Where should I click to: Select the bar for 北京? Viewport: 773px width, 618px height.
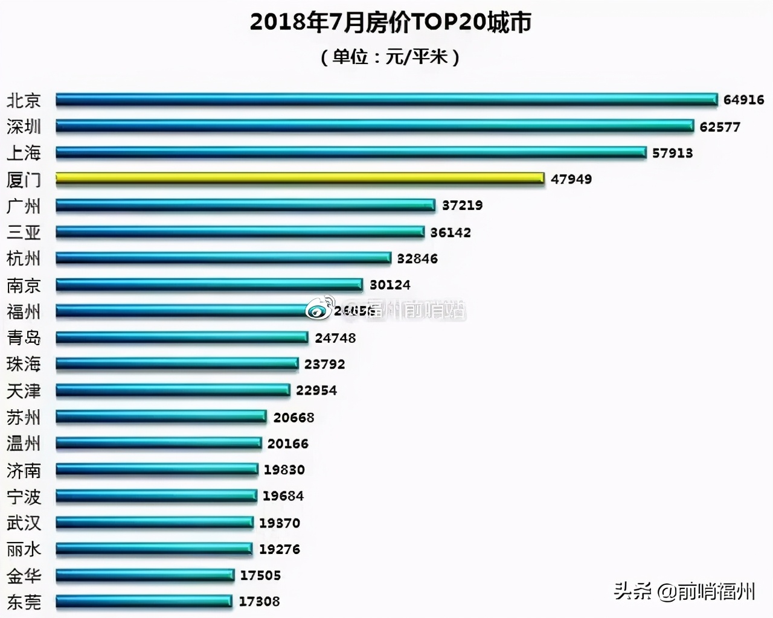tap(386, 100)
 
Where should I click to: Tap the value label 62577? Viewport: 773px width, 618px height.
tap(719, 127)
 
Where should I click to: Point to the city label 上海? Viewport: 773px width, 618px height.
tap(24, 153)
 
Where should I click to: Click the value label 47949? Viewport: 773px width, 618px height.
tap(571, 179)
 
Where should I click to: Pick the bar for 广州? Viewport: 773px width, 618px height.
tap(245, 205)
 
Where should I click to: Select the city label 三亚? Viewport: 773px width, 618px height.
tap(24, 232)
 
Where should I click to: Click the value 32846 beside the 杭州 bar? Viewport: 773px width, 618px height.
tap(417, 258)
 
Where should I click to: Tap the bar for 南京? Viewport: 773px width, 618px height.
tap(209, 284)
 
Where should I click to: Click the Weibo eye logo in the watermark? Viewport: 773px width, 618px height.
tap(321, 309)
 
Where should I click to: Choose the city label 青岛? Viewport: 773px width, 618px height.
tap(24, 337)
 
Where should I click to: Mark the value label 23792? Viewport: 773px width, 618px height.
tap(324, 364)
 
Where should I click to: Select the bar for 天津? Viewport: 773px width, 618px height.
tap(173, 390)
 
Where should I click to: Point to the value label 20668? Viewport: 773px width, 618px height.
tap(293, 417)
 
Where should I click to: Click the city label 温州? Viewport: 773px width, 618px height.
tap(24, 444)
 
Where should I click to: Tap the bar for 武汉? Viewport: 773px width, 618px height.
tap(155, 523)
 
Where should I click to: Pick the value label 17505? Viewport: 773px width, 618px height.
tap(260, 575)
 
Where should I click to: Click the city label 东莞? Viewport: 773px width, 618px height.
tap(24, 602)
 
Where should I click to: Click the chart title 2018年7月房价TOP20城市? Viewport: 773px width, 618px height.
tap(390, 22)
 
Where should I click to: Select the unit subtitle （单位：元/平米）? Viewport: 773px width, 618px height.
tap(390, 57)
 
